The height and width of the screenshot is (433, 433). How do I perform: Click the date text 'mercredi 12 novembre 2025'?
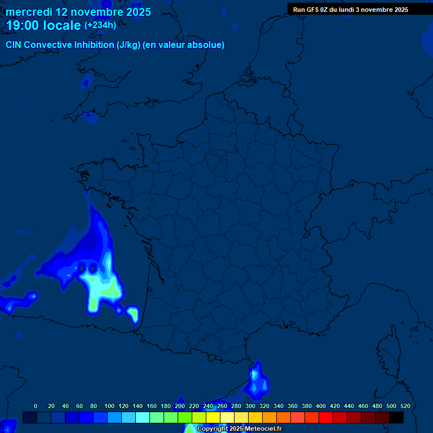pyautogui.click(x=78, y=12)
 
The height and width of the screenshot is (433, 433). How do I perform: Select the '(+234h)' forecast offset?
pyautogui.click(x=100, y=25)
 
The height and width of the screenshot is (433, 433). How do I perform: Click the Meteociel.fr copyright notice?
pyautogui.click(x=239, y=429)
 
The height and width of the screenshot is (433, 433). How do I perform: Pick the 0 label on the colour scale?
pyautogui.click(x=36, y=406)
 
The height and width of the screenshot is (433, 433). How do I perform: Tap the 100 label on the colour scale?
pyautogui.click(x=109, y=406)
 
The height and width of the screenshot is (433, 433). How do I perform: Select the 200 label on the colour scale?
pyautogui.click(x=180, y=406)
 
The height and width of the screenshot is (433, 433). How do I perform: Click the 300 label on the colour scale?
pyautogui.click(x=250, y=406)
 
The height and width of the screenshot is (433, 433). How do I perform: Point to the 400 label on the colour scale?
pyautogui.click(x=321, y=406)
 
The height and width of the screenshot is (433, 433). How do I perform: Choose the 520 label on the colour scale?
pyautogui.click(x=405, y=406)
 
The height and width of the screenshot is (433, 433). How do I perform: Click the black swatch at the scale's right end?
pyautogui.click(x=396, y=417)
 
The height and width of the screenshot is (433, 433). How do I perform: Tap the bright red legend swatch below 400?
pyautogui.click(x=326, y=417)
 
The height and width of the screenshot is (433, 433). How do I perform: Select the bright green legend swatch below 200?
pyautogui.click(x=185, y=417)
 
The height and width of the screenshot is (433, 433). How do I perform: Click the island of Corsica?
pyautogui.click(x=390, y=349)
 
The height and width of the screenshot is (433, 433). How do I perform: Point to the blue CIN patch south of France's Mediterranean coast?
pyautogui.click(x=258, y=381)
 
